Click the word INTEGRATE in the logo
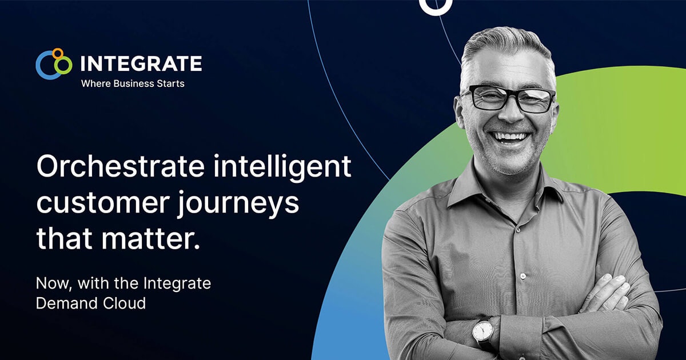(141, 63)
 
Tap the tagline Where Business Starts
(133, 83)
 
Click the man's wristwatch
(484, 331)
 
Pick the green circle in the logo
(65, 65)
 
